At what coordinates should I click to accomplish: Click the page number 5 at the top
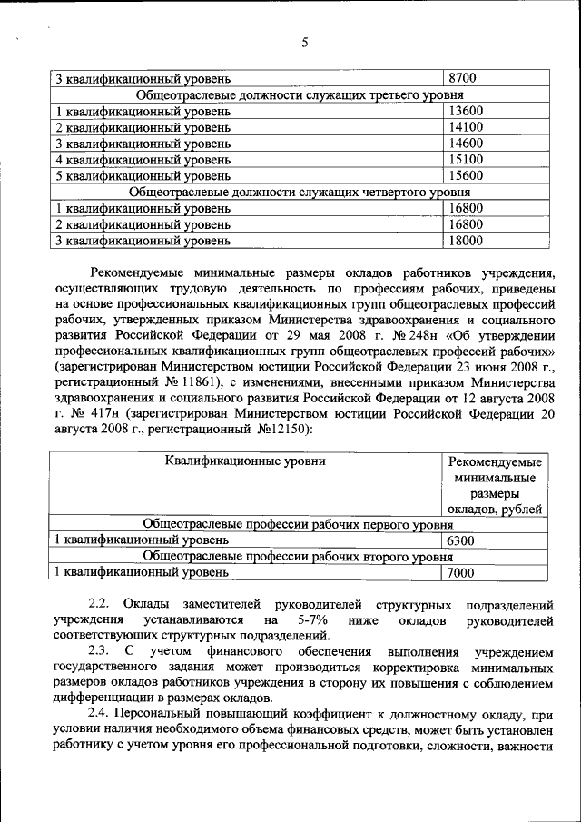[x=304, y=43]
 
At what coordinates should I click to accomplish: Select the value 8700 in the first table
[x=462, y=78]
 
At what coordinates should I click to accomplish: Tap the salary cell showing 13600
[x=465, y=111]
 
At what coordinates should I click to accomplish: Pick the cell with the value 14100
[x=465, y=127]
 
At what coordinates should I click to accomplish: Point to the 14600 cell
[x=465, y=144]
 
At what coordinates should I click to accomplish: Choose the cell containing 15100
[x=465, y=160]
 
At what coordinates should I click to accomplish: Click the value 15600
[x=465, y=176]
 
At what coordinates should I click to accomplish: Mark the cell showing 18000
[x=465, y=242]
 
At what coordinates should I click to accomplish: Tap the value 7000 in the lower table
[x=462, y=574]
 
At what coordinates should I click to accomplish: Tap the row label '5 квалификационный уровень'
[x=143, y=176]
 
